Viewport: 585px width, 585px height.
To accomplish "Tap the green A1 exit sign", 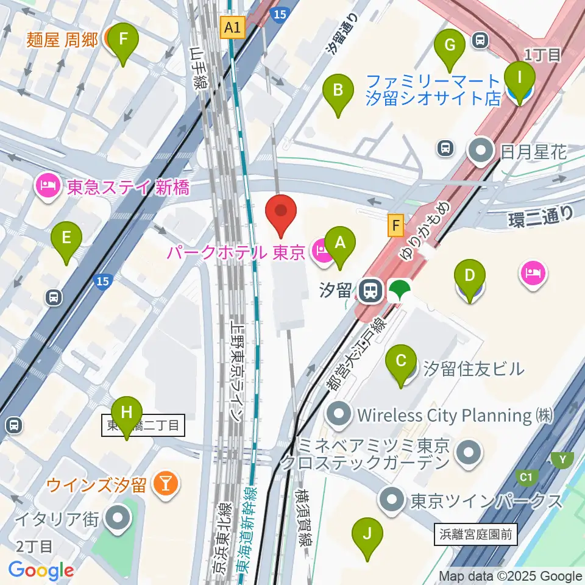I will (x=233, y=27).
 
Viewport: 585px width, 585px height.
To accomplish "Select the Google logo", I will (x=41, y=571).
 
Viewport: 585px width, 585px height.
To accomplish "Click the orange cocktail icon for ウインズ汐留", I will (x=165, y=484).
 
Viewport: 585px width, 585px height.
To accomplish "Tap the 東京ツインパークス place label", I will (x=486, y=502).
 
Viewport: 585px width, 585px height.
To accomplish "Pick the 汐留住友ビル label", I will (x=473, y=369).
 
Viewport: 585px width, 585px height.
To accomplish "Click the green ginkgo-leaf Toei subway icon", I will (x=400, y=291).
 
